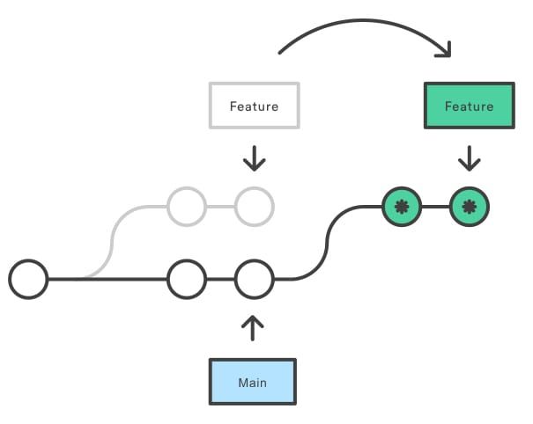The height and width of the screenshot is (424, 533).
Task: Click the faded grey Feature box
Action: pos(254,106)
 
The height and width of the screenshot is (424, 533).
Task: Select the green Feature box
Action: pos(469,106)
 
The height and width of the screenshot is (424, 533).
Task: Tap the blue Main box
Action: pos(252,382)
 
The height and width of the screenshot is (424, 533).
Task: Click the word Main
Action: pos(252,383)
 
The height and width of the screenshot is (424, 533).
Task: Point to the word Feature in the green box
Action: pos(469,106)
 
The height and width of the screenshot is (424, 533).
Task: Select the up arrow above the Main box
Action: pos(253,327)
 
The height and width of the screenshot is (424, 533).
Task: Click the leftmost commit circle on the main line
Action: pos(28,280)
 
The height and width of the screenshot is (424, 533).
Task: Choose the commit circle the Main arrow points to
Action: pos(254,280)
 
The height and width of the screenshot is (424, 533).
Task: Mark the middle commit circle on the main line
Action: pos(186,280)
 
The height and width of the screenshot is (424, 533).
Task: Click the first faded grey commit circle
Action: pos(186,208)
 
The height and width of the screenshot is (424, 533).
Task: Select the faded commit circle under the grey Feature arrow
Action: pos(254,208)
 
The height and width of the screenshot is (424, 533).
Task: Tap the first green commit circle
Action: pos(402,208)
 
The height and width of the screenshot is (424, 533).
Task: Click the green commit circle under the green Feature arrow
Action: pos(469,208)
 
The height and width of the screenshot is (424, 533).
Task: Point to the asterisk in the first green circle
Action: pos(402,208)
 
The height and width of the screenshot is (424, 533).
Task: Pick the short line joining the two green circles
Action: pos(435,208)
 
